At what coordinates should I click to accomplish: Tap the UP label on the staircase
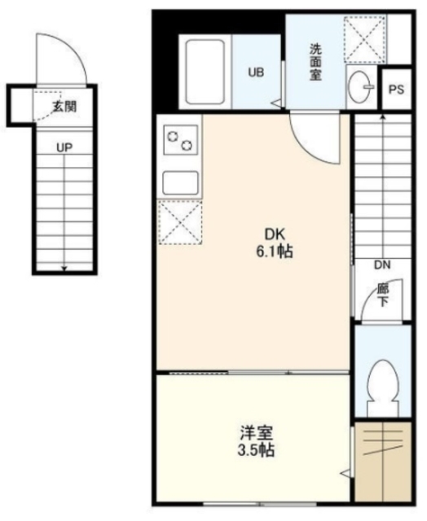pyautogui.click(x=64, y=147)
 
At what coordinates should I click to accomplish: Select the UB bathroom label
pyautogui.click(x=256, y=72)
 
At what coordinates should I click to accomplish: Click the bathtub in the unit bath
pyautogui.click(x=205, y=71)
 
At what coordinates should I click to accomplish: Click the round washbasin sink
pyautogui.click(x=359, y=84)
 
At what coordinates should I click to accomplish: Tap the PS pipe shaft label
pyautogui.click(x=396, y=90)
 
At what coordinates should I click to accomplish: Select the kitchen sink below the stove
pyautogui.click(x=180, y=182)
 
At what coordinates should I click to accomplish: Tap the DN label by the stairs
pyautogui.click(x=382, y=265)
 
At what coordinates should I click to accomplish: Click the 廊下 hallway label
pyautogui.click(x=382, y=294)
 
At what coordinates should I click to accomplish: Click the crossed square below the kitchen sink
pyautogui.click(x=179, y=221)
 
